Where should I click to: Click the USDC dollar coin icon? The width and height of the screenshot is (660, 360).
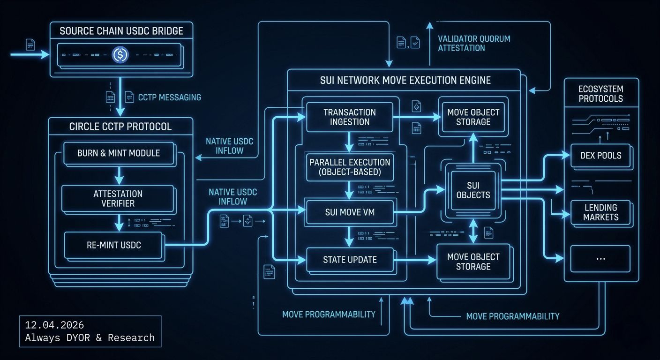[120, 55]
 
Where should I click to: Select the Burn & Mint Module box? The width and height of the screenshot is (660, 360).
[119, 153]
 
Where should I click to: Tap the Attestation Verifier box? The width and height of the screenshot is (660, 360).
[118, 198]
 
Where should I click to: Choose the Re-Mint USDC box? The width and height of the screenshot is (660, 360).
[114, 245]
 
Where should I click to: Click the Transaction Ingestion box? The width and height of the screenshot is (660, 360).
[350, 117]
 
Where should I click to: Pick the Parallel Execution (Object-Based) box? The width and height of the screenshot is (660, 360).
[350, 167]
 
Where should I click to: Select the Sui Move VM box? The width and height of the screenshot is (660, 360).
[350, 212]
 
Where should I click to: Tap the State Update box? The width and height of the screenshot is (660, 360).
[350, 259]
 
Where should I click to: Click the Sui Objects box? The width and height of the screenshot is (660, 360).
[473, 190]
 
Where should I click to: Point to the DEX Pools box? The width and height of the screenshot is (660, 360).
[600, 155]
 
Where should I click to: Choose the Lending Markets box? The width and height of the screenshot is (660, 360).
[600, 212]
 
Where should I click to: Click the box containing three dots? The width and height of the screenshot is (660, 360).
[600, 258]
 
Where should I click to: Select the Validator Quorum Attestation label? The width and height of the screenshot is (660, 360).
[473, 43]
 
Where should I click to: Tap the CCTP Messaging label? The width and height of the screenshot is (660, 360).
[169, 97]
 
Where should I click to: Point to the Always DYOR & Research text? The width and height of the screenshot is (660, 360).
[90, 337]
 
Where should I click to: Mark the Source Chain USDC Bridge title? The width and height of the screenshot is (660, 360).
[121, 31]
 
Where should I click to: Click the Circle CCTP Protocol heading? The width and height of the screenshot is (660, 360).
[120, 127]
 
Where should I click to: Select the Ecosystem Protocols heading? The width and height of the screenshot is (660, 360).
[600, 94]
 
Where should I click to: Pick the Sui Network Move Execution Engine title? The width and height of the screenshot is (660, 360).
[405, 80]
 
